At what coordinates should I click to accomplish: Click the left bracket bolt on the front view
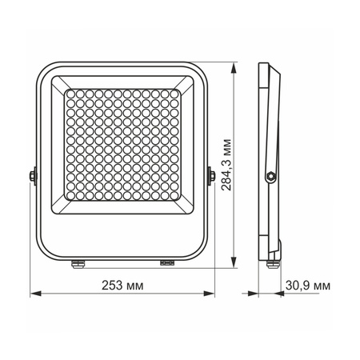pyautogui.click(x=33, y=174)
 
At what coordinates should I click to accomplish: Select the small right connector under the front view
pyautogui.click(x=166, y=261)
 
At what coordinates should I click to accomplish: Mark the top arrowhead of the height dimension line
pyautogui.click(x=233, y=66)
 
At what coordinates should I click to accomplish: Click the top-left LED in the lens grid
pyautogui.click(x=69, y=94)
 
